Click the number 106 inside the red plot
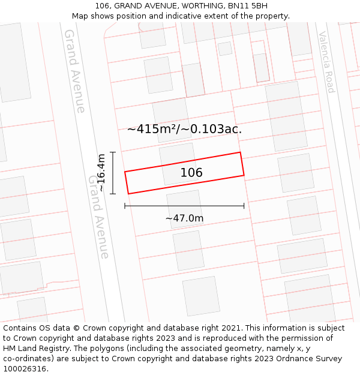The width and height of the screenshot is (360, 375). pyautogui.click(x=191, y=173)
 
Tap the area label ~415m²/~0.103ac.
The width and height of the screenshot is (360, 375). pyautogui.click(x=184, y=129)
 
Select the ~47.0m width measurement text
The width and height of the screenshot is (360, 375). pyautogui.click(x=184, y=218)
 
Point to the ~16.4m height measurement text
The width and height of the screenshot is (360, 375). pyautogui.click(x=101, y=173)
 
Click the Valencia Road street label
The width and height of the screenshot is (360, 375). pyautogui.click(x=326, y=62)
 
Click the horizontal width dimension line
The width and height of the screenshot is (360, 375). pyautogui.click(x=184, y=206)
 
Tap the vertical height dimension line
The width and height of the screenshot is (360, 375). pyautogui.click(x=112, y=173)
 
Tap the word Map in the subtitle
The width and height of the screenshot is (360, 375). pyautogui.click(x=80, y=16)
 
